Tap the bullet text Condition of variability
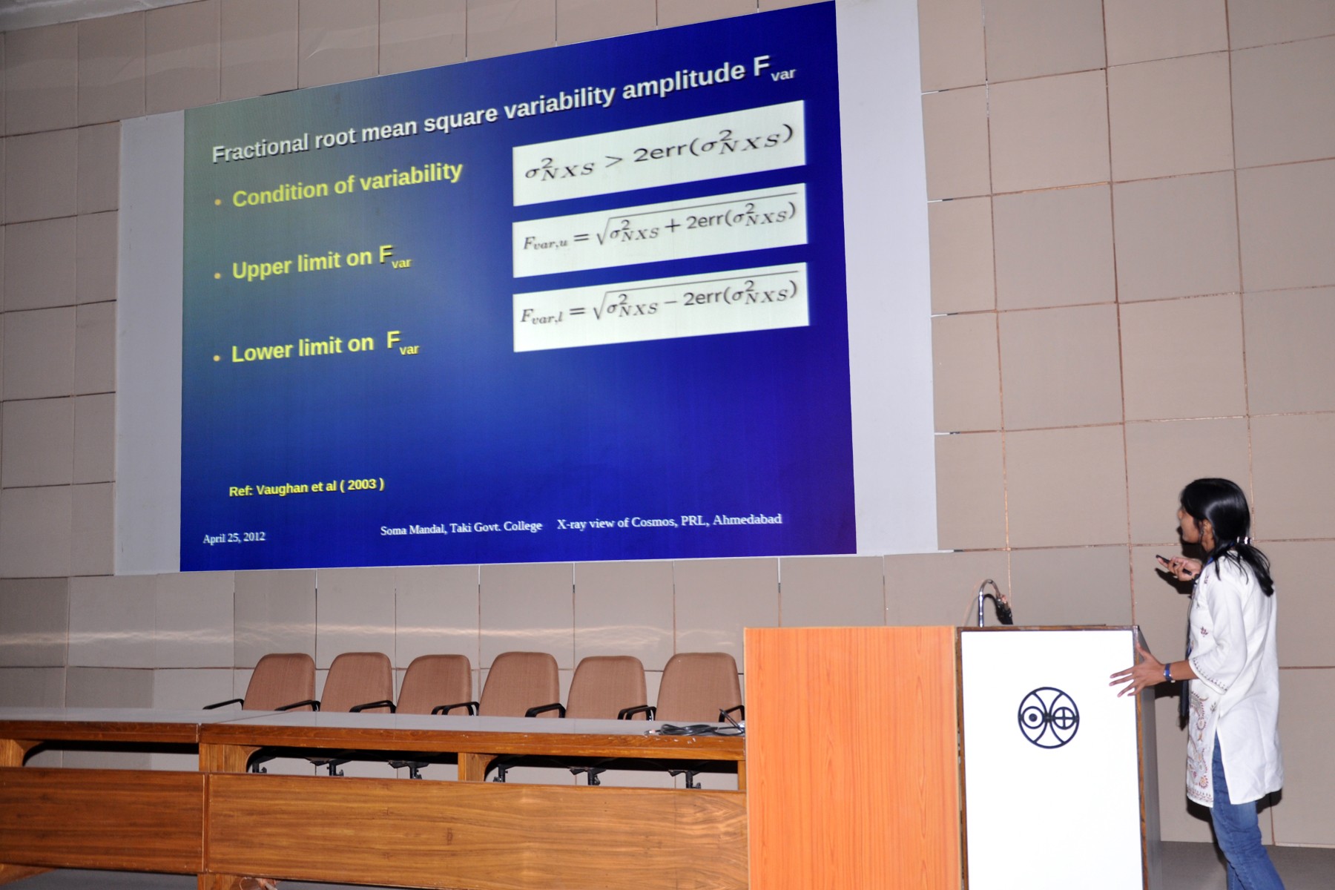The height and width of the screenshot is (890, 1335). [347, 185]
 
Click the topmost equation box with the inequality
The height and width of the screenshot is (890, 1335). [659, 154]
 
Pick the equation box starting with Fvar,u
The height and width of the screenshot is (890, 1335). [659, 230]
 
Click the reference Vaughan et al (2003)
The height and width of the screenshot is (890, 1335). [306, 487]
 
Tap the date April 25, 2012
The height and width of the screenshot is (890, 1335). [234, 538]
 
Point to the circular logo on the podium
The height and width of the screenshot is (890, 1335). [1048, 717]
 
